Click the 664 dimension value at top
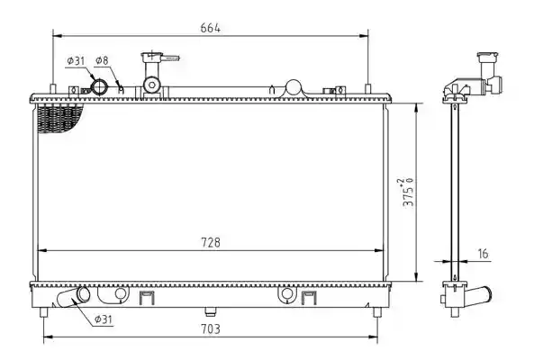click(x=210, y=28)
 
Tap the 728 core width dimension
click(x=211, y=243)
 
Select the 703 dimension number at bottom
click(x=211, y=329)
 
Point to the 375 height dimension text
click(x=408, y=192)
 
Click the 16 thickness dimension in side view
click(x=483, y=254)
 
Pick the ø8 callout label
click(x=102, y=60)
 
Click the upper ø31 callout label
click(x=76, y=61)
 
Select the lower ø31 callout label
click(x=104, y=319)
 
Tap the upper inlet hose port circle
click(x=100, y=86)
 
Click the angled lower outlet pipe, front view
click(x=74, y=297)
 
